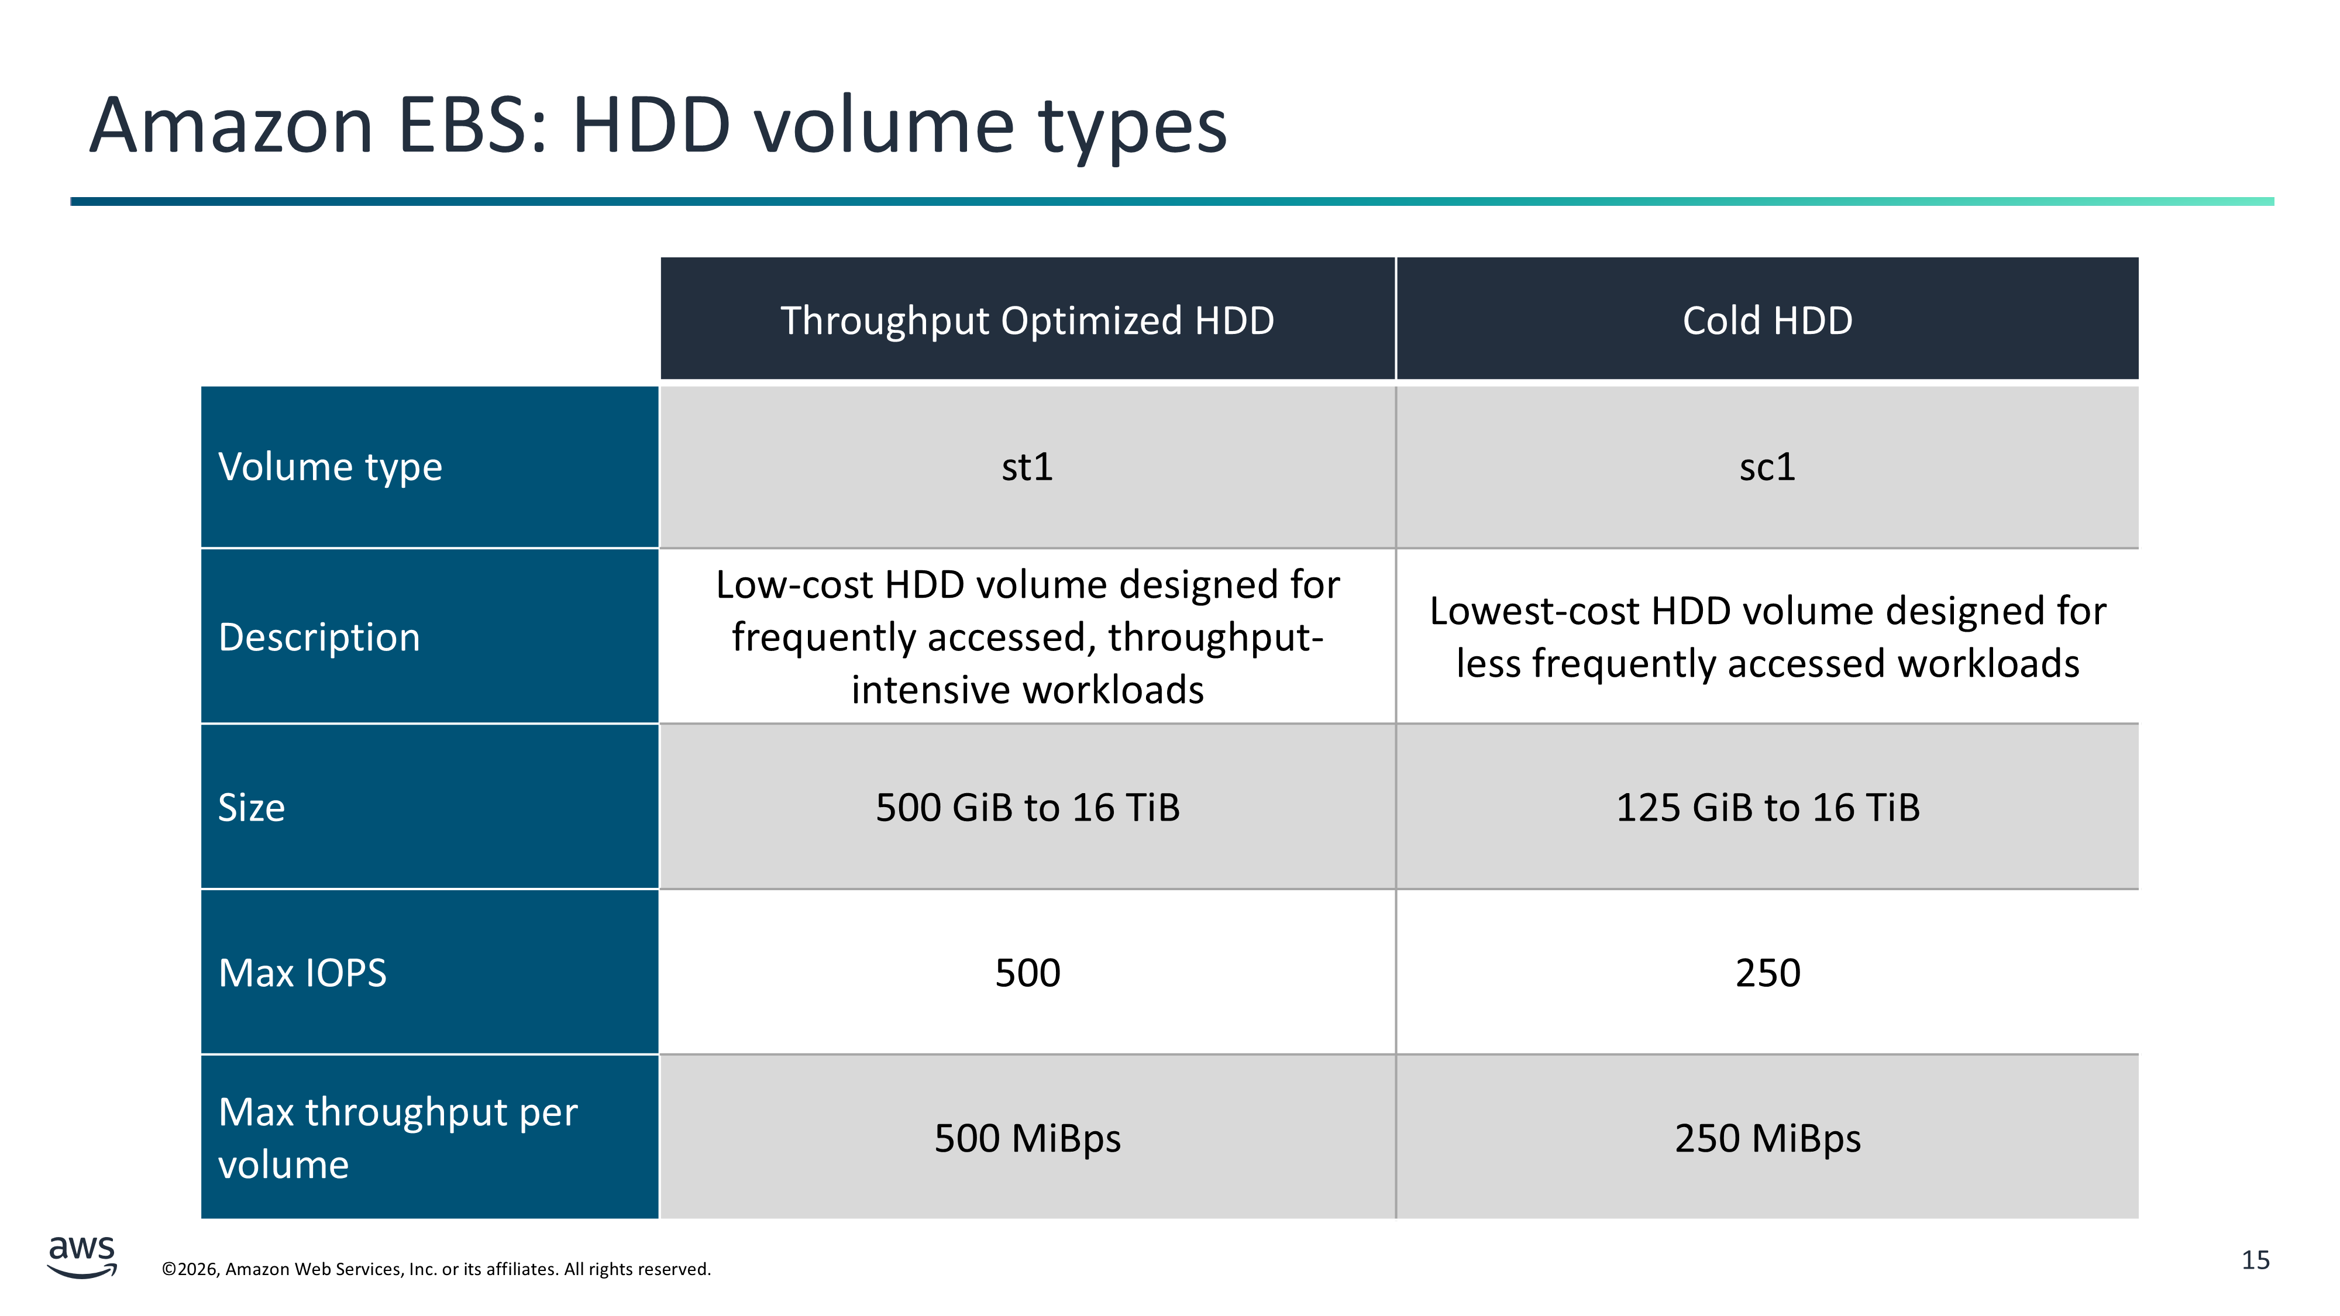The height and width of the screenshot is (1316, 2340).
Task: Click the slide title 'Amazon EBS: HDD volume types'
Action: point(658,126)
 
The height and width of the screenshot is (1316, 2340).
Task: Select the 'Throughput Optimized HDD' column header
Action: point(1027,319)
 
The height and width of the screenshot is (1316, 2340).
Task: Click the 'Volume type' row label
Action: point(429,467)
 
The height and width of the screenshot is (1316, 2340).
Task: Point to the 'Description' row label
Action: point(429,636)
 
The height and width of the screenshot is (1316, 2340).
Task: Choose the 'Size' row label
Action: point(429,807)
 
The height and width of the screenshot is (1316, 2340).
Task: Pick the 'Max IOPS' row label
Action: point(429,972)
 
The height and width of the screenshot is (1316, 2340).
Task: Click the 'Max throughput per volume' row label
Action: point(429,1137)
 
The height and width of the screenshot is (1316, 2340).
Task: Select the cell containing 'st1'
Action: point(1027,467)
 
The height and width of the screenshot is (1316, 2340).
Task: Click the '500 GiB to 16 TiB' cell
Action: point(1027,807)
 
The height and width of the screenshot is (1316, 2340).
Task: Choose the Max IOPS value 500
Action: point(1027,972)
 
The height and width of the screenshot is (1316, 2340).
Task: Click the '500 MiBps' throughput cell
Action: point(1027,1137)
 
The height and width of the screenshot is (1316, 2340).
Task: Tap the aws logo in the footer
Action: point(82,1257)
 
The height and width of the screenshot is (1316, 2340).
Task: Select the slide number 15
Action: point(2256,1260)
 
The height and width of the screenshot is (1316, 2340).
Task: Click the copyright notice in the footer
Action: point(436,1269)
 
